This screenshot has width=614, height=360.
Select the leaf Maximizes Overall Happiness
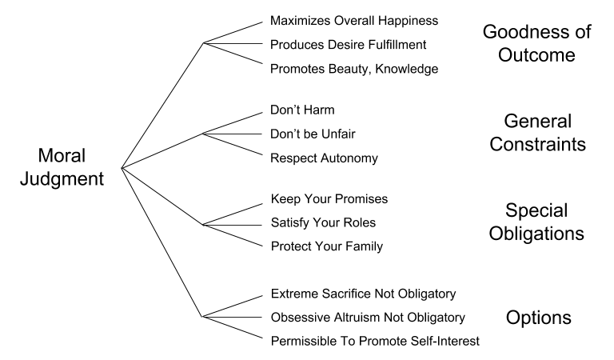point(355,19)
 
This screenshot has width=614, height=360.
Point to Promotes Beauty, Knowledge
point(354,68)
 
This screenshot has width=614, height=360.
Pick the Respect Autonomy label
point(325,158)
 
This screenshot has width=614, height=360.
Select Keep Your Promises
point(330,198)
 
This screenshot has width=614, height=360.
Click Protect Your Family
point(327,246)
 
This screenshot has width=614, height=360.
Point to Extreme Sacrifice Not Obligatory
point(364,293)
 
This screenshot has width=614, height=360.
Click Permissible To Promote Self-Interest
point(374,342)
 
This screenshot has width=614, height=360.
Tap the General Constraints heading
point(536,133)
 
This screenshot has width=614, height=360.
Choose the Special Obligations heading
point(536,222)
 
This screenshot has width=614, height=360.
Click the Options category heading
point(538,317)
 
